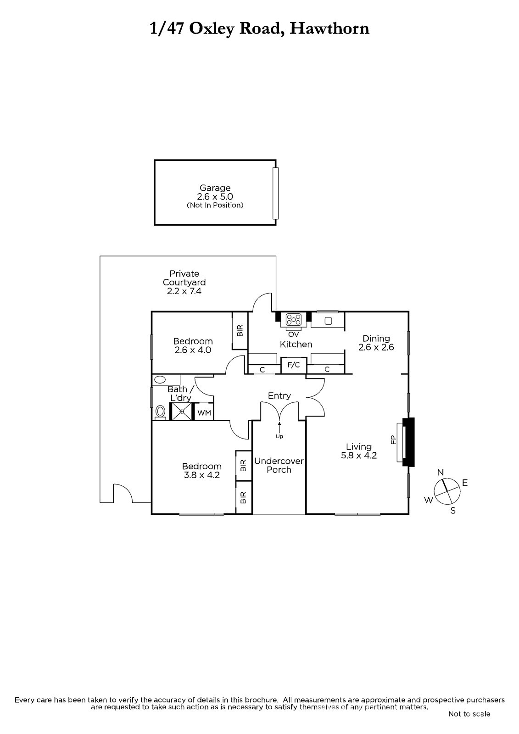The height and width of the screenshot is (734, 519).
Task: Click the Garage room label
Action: click(215, 188)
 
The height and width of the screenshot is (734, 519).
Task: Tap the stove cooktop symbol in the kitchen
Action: click(293, 319)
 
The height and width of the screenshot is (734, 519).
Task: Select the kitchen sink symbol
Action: click(328, 321)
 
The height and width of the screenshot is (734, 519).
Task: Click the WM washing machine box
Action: click(204, 413)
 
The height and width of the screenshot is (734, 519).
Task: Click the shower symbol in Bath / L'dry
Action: click(181, 411)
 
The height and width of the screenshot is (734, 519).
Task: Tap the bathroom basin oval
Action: click(160, 380)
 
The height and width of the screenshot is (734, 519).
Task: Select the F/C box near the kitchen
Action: click(294, 365)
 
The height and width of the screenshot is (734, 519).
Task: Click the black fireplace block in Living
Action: click(409, 442)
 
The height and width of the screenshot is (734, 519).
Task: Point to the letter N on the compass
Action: click(441, 472)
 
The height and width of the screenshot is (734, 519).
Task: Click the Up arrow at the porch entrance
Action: click(279, 427)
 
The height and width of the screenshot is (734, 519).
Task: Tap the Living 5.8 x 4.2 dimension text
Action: click(359, 456)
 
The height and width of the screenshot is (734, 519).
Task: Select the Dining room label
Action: click(376, 339)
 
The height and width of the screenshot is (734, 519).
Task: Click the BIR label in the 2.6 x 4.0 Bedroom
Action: click(240, 330)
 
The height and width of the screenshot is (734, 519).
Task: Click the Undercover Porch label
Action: click(279, 465)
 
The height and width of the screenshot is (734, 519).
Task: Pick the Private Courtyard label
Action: click(184, 278)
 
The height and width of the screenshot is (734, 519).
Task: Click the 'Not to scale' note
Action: click(469, 714)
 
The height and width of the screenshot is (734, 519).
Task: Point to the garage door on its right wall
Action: click(275, 193)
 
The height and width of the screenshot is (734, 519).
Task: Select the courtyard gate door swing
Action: click(123, 493)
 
